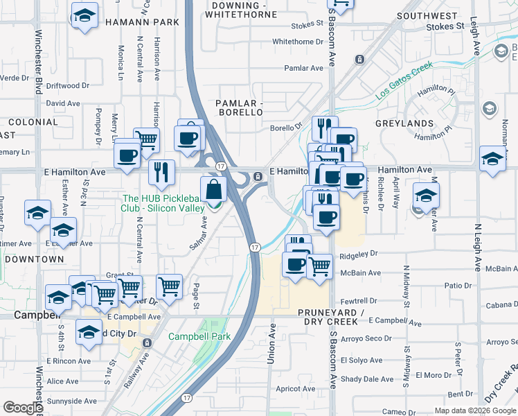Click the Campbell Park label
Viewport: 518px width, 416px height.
pyautogui.click(x=197, y=337)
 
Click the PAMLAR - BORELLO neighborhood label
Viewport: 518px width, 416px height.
pyautogui.click(x=240, y=107)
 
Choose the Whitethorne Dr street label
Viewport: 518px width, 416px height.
pyautogui.click(x=298, y=42)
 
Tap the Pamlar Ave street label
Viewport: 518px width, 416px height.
pyautogui.click(x=304, y=68)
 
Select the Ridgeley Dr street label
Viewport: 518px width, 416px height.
pyautogui.click(x=359, y=254)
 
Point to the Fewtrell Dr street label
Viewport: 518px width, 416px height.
pyautogui.click(x=358, y=301)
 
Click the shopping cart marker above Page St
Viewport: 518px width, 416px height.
pyautogui.click(x=169, y=286)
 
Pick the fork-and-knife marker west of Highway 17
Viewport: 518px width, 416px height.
pyautogui.click(x=161, y=171)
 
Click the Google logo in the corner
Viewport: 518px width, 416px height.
pyautogui.click(x=23, y=408)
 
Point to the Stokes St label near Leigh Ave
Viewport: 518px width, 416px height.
pyautogui.click(x=445, y=26)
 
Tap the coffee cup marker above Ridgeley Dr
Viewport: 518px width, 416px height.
pyautogui.click(x=325, y=216)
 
